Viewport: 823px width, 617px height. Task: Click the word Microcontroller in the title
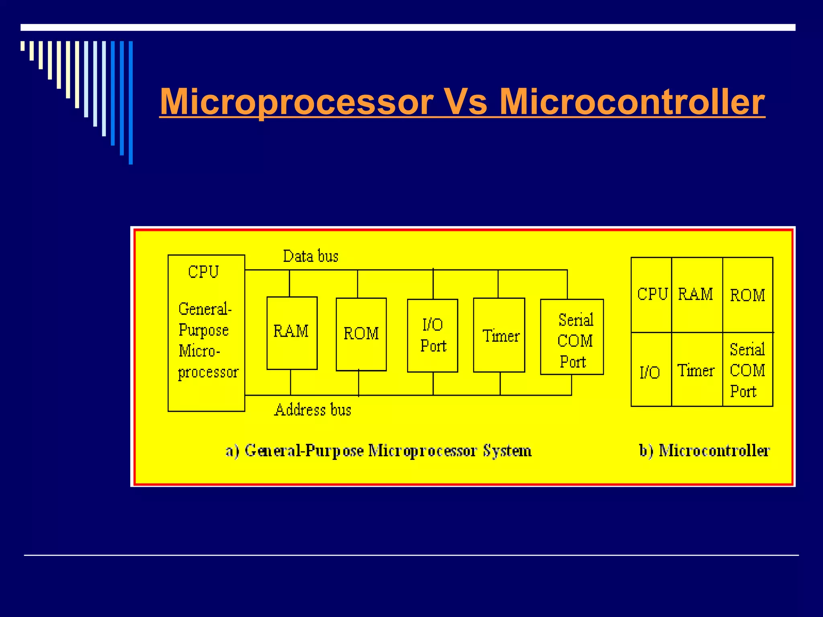coord(632,102)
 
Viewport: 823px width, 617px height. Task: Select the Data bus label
coord(311,256)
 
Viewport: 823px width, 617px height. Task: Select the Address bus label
coord(313,410)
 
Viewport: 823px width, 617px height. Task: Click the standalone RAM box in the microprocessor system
coord(292,333)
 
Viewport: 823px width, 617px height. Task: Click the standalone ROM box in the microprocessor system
coord(361,334)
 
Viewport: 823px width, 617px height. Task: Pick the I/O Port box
coord(432,335)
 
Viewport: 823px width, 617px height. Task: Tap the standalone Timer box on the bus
coord(499,335)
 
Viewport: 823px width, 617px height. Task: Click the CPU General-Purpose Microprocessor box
coord(206,333)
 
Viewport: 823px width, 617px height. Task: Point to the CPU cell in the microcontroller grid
coord(651,295)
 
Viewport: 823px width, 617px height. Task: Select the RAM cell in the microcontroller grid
coord(696,295)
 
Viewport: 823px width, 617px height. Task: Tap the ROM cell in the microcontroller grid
coord(747,295)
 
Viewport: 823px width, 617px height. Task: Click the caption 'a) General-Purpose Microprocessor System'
coord(378,451)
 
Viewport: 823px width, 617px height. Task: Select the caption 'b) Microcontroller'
coord(704,451)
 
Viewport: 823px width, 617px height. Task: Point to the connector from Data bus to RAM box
coord(290,284)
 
